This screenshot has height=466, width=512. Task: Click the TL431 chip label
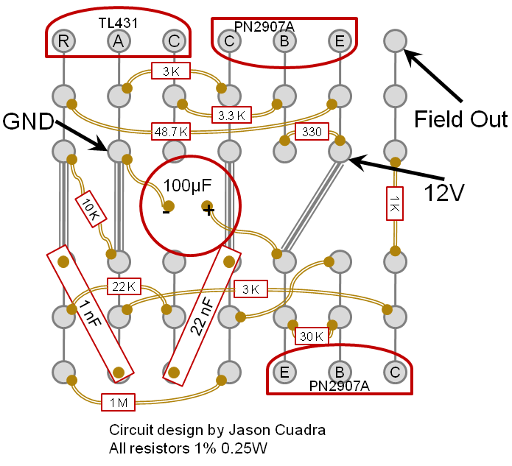pos(118,23)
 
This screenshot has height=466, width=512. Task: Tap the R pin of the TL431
pos(64,40)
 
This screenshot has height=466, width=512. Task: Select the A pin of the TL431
pos(119,40)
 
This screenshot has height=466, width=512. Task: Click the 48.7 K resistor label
pos(170,131)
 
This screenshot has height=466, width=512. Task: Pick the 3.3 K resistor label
pos(231,115)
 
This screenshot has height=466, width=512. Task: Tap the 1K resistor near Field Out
pos(394,202)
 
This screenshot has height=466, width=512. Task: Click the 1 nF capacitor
pos(91,310)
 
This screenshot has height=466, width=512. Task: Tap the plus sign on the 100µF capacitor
pos(208,211)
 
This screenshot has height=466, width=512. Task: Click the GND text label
pos(28,120)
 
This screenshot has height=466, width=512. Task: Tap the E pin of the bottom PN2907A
pos(284,372)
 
